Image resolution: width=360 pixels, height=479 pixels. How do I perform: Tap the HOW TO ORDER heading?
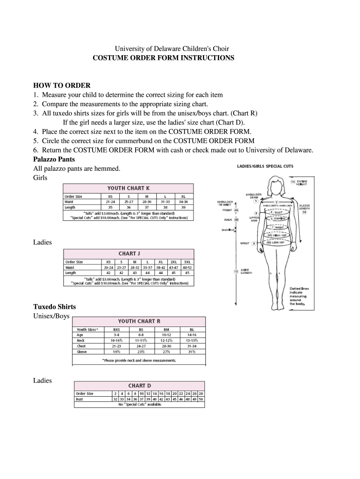(62, 86)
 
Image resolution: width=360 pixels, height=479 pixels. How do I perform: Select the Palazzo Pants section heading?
(54, 160)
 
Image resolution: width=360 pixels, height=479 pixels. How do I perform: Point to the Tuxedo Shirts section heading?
(54, 307)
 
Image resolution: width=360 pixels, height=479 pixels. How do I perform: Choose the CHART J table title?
(129, 254)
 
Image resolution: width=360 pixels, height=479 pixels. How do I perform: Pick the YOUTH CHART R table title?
(139, 321)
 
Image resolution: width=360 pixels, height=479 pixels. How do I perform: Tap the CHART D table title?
(140, 385)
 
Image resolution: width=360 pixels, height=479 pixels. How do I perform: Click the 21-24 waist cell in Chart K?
(110, 202)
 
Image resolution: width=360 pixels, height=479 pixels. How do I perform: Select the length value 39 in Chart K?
(183, 207)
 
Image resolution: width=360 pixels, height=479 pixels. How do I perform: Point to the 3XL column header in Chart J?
(187, 262)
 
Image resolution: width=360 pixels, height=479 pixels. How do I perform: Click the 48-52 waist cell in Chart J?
(187, 267)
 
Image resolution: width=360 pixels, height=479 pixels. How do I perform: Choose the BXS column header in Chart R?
(110, 329)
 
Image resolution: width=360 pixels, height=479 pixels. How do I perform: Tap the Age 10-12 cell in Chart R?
(167, 335)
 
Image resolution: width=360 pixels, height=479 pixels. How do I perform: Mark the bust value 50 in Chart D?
(201, 399)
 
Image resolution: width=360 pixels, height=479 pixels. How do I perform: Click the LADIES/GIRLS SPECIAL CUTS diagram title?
(265, 167)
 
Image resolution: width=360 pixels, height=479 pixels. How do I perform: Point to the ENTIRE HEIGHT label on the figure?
(302, 183)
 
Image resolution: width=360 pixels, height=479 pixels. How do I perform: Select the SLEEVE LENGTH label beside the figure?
(304, 207)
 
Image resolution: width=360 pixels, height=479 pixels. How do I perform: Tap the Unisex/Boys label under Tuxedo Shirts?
(51, 316)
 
